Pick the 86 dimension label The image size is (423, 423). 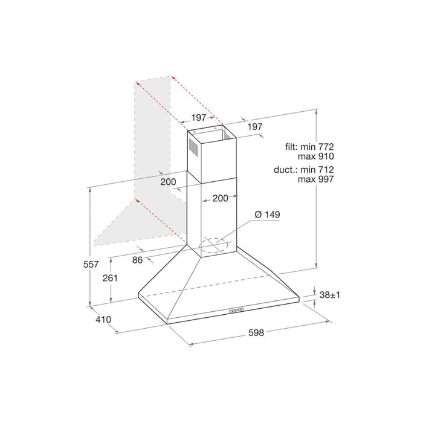(137, 260)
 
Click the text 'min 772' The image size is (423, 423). (318, 147)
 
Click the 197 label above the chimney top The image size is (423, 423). (199, 117)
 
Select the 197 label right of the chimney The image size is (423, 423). (255, 126)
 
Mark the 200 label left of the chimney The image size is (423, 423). (169, 181)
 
